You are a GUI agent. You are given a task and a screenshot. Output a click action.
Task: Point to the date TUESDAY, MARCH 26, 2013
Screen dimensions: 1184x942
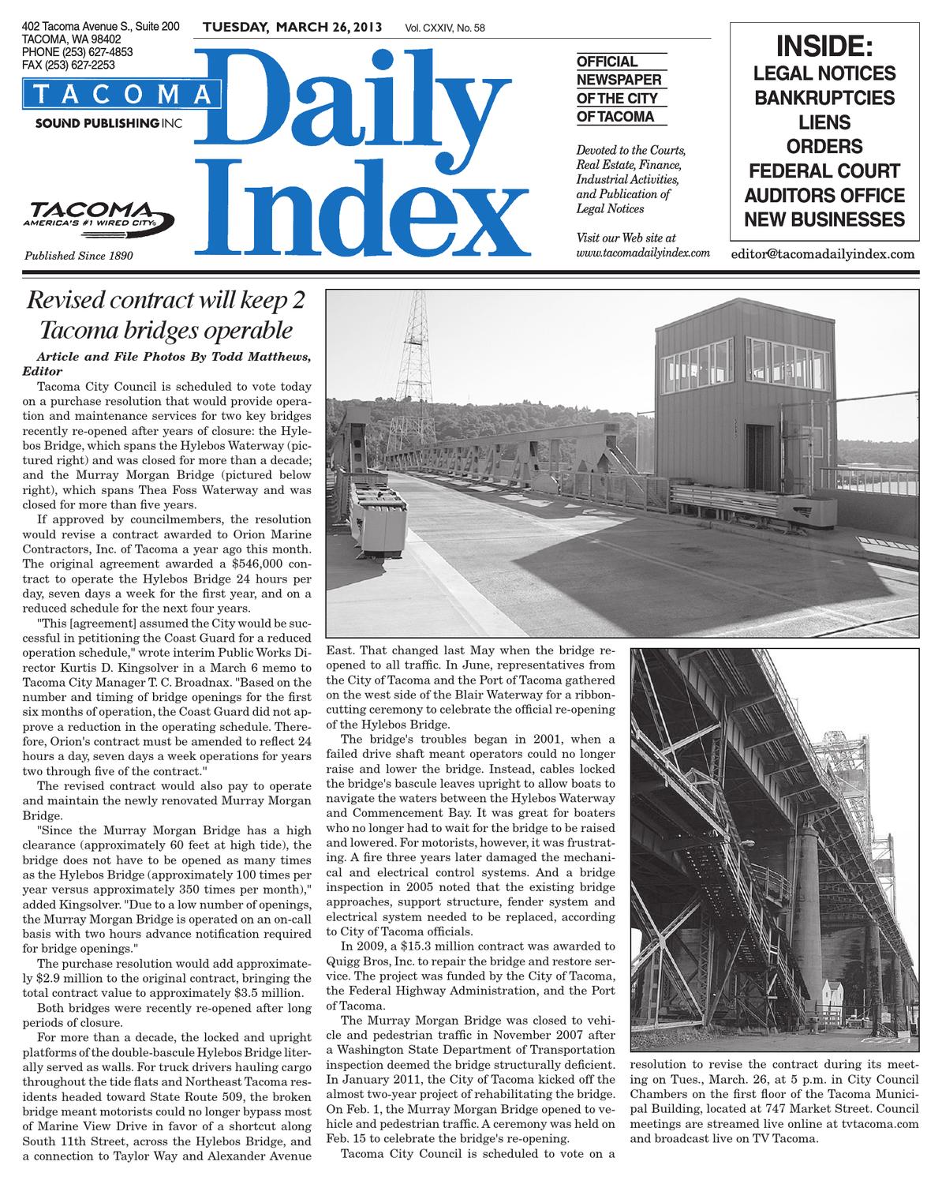click(292, 28)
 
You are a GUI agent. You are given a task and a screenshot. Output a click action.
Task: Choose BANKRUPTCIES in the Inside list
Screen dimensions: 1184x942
click(824, 98)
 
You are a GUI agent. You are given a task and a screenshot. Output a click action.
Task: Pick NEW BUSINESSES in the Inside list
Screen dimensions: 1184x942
click(824, 219)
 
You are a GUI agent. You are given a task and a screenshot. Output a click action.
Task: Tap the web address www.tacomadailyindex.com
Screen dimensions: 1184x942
click(643, 253)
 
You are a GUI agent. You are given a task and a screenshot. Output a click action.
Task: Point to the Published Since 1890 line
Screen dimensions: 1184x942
click(79, 256)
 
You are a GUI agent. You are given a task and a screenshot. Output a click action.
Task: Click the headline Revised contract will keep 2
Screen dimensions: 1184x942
click(166, 301)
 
